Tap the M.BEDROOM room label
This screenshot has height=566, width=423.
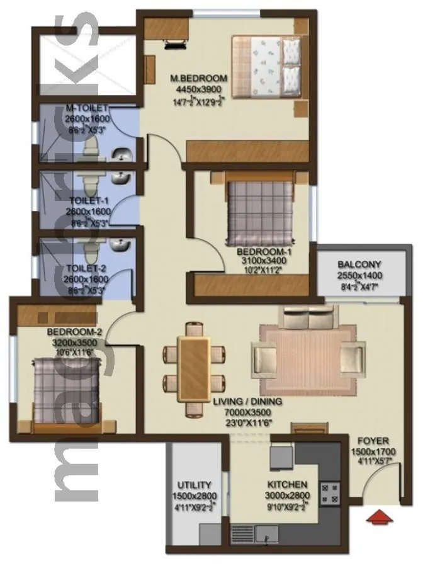pos(199,79)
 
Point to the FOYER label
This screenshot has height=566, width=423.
pos(373,441)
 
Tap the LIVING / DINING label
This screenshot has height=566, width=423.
pos(247,401)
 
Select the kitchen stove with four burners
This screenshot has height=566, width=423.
pos(330,492)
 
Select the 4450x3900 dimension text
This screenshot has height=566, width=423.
pos(199,89)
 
